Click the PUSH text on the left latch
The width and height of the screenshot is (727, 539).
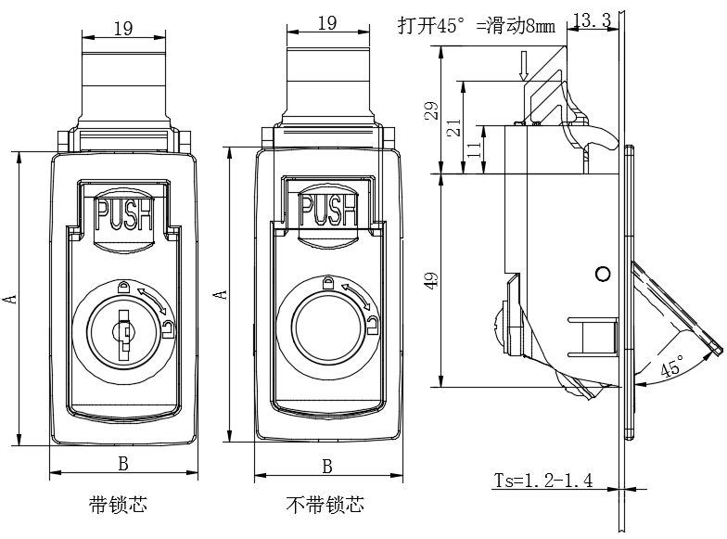[124, 216]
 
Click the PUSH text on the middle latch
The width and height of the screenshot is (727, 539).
[325, 210]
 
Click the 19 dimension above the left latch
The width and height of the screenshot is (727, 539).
[122, 28]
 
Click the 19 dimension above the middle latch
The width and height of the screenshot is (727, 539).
[326, 23]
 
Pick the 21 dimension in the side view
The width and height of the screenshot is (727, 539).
[453, 127]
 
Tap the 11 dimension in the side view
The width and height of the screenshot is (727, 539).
[474, 148]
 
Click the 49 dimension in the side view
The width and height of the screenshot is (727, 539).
[428, 281]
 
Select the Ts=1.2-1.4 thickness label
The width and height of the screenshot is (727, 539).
[543, 481]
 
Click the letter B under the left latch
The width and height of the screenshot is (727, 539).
[123, 463]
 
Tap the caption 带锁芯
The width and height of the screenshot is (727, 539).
[118, 506]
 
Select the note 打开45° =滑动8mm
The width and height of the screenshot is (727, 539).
[476, 26]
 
